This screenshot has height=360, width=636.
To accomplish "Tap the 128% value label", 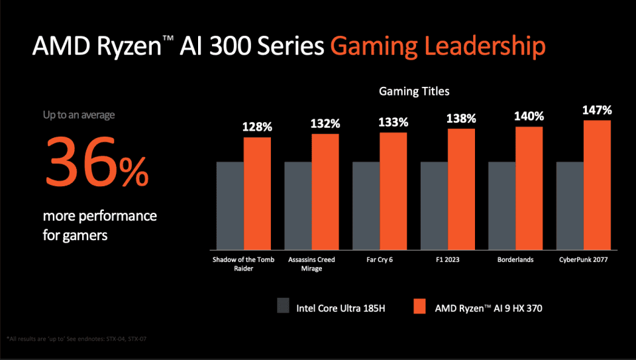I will [257, 126].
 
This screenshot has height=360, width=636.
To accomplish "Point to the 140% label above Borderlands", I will [529, 115].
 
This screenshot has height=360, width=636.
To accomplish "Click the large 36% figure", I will [96, 162].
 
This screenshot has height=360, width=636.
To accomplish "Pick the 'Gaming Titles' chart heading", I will [414, 91].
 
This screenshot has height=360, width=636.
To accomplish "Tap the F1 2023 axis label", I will [461, 261].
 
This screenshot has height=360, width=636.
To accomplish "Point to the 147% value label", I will [597, 109].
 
